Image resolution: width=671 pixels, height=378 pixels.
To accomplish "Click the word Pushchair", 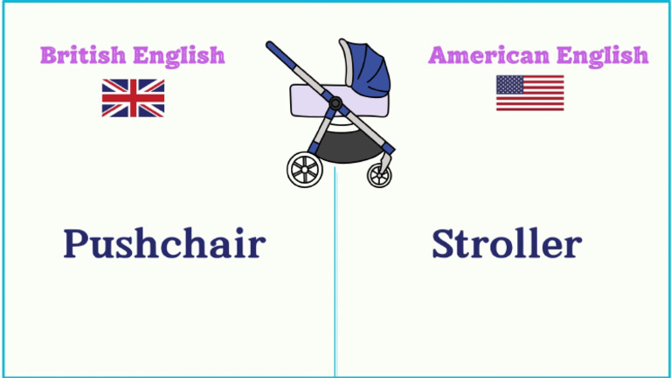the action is coord(165,243).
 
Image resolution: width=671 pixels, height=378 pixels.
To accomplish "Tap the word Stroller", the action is coord(507,243).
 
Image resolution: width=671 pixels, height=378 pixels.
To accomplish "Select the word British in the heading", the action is coord(83,55).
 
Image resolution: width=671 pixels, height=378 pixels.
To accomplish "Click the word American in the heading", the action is coord(488,55).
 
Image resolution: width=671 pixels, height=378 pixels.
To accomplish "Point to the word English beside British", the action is coord(179,56).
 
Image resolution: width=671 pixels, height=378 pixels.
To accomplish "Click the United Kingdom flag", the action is coord(133,98).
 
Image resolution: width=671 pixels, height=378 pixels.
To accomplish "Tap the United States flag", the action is coord(529,93).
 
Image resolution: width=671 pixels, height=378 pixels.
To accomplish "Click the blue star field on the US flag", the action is coord(509,85).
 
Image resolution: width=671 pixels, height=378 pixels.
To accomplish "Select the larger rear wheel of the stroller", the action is coord(305,170).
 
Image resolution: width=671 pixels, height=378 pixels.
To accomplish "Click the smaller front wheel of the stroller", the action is coord(379,175).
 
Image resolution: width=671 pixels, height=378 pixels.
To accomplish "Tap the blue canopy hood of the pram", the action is coord(366,68).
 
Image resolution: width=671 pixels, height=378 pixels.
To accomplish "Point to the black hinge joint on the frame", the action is coord(335,103).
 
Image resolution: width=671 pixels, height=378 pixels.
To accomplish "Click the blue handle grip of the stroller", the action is coord(280,56).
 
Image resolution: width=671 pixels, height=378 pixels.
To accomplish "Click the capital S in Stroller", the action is coord(442,243).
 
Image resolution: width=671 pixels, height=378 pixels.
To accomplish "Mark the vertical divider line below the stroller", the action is coord(335,272).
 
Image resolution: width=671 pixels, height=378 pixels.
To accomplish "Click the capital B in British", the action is coord(48,56).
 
